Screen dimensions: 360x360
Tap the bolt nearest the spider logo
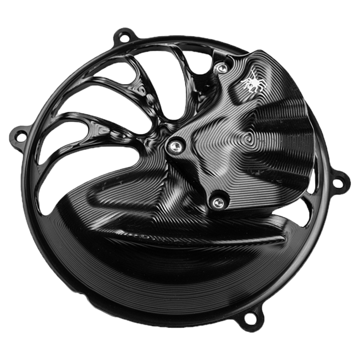coord(222,68)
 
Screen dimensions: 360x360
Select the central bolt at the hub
coord(174,145)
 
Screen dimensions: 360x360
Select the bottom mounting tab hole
coord(250,318)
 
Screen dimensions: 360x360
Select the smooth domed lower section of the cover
coord(138,271)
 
